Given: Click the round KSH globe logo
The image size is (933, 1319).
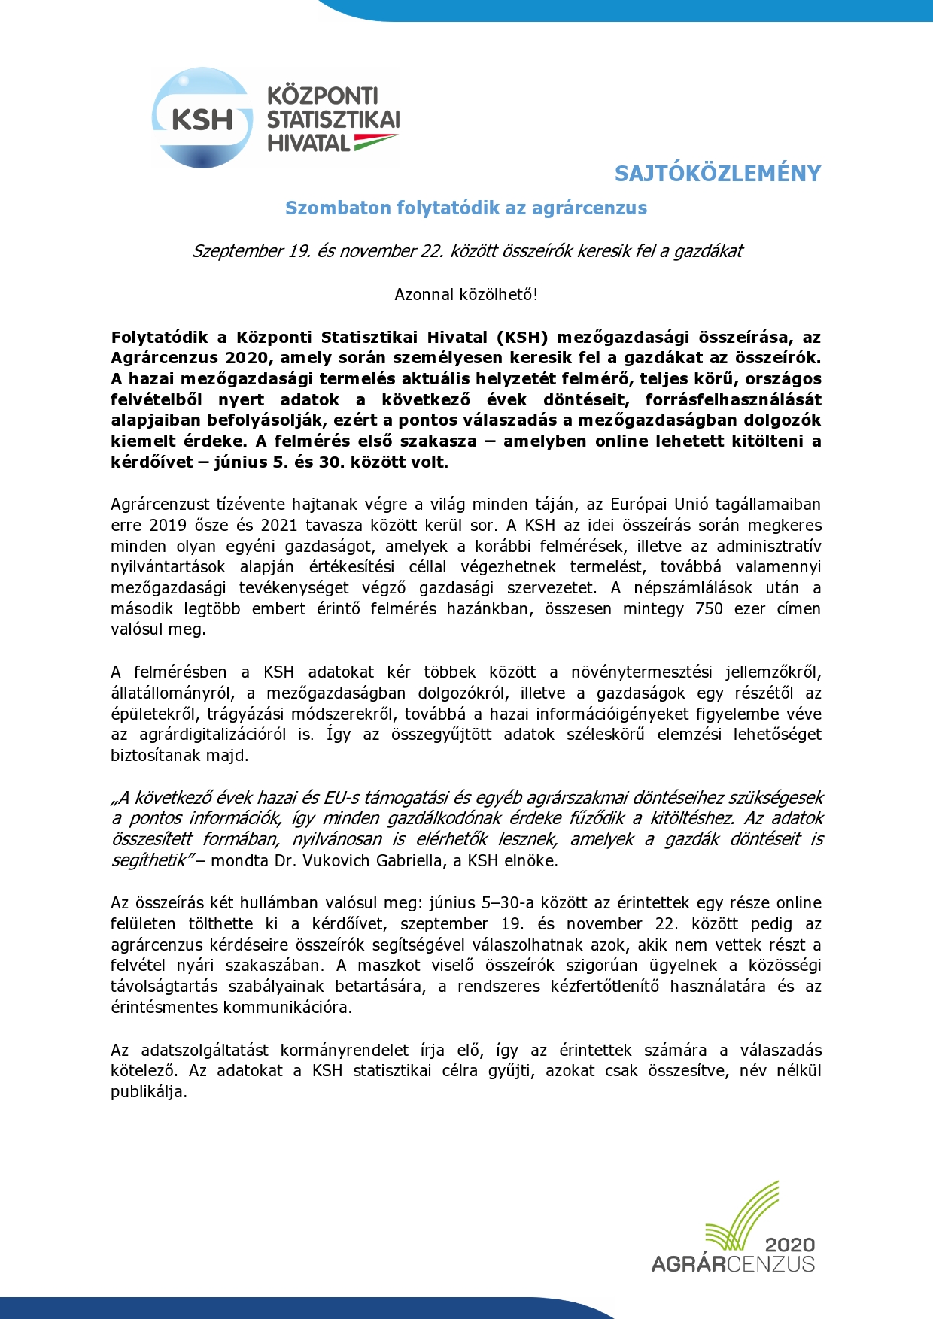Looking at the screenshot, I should click(x=202, y=118).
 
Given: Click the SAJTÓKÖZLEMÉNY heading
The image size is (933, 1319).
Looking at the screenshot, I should click(x=717, y=174).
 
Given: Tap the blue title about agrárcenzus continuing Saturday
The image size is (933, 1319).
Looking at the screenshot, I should click(x=466, y=208).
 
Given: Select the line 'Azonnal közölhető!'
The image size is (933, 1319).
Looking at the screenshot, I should click(x=466, y=295).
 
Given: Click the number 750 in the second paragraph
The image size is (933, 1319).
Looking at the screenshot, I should click(x=709, y=608).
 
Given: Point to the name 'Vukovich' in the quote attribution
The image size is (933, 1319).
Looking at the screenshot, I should click(x=336, y=861).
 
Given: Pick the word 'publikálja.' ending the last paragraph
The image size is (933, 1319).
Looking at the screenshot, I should click(x=149, y=1092).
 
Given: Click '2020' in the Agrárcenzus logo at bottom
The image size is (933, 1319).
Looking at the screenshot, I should click(x=789, y=1245).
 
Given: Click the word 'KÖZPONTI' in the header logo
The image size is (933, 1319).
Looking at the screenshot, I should click(x=323, y=96).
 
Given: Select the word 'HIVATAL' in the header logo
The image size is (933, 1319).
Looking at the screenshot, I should click(x=308, y=143).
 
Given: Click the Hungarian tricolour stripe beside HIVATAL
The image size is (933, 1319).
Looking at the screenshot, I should click(x=375, y=141).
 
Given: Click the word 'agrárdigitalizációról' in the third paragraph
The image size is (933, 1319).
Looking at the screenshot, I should click(x=212, y=735).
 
